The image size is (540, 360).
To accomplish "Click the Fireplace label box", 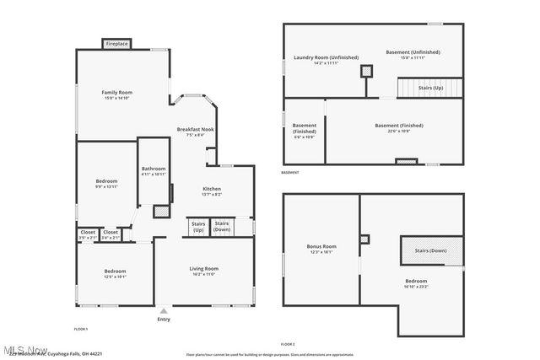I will point(116,44).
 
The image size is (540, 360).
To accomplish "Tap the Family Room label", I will point(117,94).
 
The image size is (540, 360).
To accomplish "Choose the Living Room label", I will point(203,271).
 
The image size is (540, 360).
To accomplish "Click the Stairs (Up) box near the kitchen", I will point(198,227).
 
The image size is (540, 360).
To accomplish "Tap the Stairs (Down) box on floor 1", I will point(222,227).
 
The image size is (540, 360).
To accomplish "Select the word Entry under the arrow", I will point(164,319).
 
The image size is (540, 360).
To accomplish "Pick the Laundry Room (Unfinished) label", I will point(315,60).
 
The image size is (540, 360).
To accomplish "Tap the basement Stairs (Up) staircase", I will point(429,87).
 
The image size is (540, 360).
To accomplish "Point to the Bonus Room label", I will point(321,249).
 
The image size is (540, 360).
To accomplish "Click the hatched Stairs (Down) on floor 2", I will point(431,250).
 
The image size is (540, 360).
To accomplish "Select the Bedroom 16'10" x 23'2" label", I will point(416,282).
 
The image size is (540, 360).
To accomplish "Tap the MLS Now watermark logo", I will point(25,349).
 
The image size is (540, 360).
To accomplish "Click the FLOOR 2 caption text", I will point(288,344).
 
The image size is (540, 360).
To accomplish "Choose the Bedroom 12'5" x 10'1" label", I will point(116,273).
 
